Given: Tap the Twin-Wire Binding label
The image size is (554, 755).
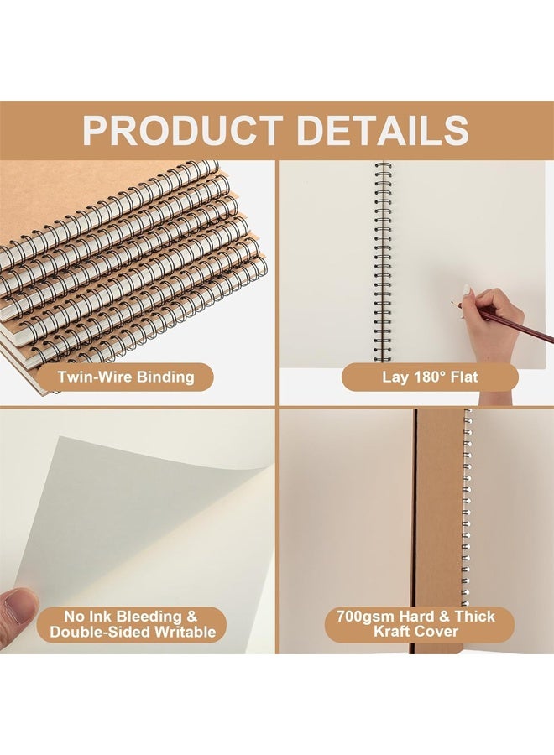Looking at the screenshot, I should tap(126, 377).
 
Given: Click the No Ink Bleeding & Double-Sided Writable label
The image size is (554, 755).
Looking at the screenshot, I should tap(133, 624).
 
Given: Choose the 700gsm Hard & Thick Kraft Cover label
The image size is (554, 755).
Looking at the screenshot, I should tap(415, 624).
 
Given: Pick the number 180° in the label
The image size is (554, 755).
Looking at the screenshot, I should tap(426, 377).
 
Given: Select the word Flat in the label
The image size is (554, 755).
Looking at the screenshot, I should tap(465, 377).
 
